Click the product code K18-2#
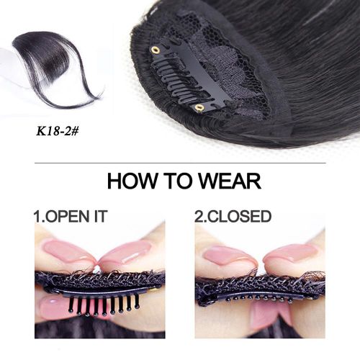click(x=57, y=131)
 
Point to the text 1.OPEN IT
click(x=71, y=216)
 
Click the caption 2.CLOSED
click(x=233, y=216)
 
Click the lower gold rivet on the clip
click(x=199, y=108)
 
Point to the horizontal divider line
click(x=180, y=163)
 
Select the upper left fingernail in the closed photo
click(x=225, y=255)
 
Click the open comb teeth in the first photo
click(x=104, y=305)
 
